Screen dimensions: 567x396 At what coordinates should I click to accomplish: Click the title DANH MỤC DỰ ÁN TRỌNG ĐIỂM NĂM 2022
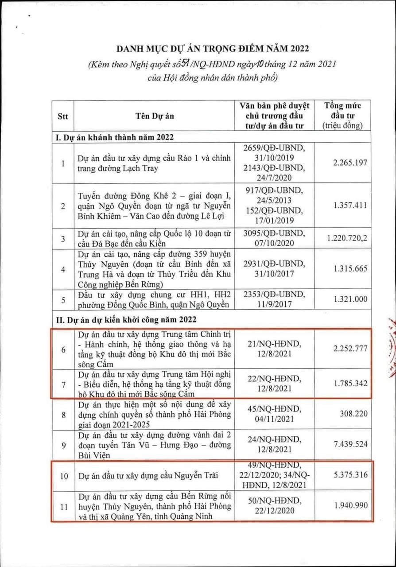point(213,48)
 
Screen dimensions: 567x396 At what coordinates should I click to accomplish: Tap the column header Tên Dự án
point(155,116)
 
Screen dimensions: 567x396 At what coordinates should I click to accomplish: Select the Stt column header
point(63,116)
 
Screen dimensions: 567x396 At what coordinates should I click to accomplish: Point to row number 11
point(63,506)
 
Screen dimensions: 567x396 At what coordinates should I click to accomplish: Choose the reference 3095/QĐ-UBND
point(274,233)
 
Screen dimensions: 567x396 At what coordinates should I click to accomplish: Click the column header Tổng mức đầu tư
point(343,116)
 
